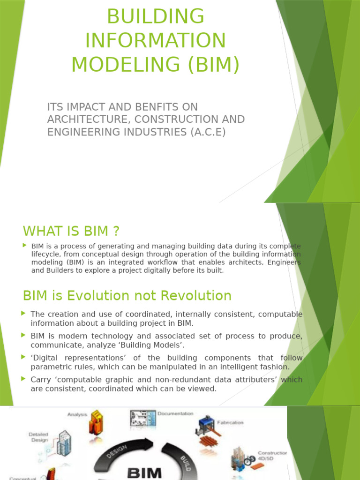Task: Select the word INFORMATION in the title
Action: tap(155, 40)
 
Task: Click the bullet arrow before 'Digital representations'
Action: tap(24, 357)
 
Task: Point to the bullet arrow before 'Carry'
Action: tap(24, 379)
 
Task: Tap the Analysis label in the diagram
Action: tap(78, 414)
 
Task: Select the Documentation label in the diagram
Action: tap(175, 413)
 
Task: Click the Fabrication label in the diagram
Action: tap(230, 422)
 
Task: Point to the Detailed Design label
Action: tap(38, 437)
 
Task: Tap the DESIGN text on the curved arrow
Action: tap(117, 453)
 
